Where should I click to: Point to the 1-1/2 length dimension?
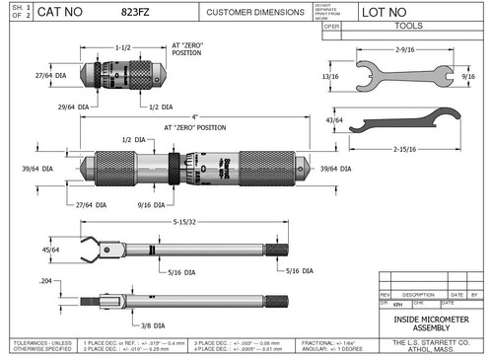(x=123, y=46)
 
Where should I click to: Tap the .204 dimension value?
(x=45, y=282)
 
